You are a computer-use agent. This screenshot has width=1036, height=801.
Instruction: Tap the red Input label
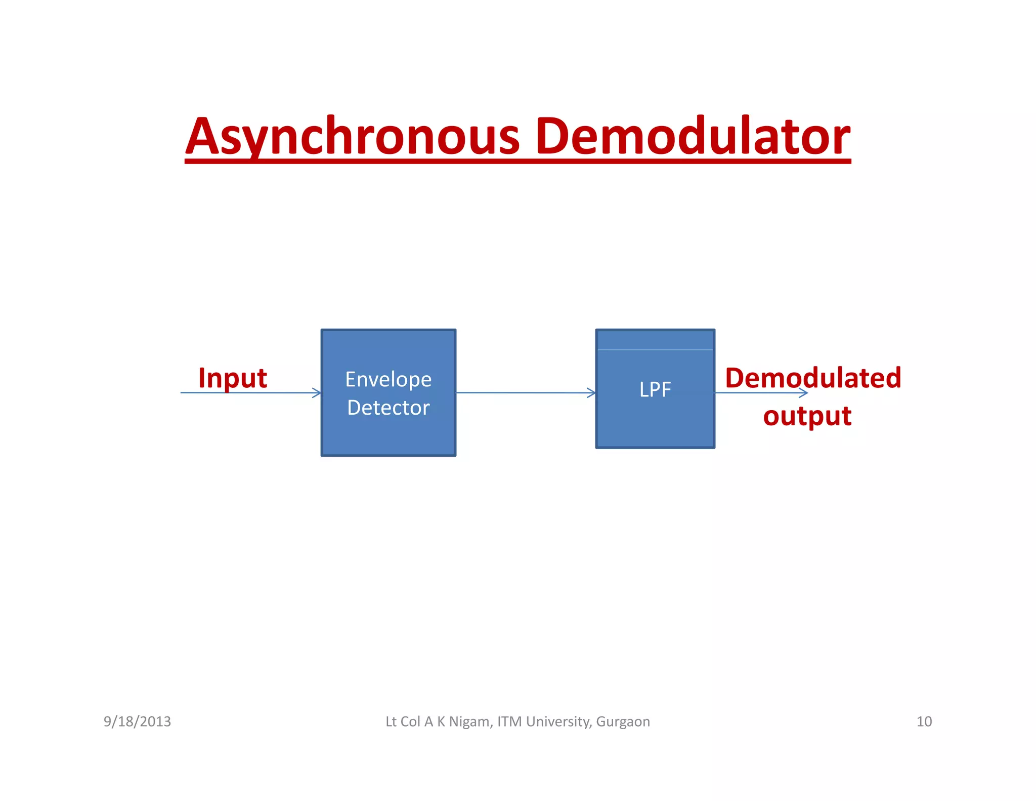click(232, 378)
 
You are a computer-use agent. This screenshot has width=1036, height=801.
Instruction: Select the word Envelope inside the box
click(388, 380)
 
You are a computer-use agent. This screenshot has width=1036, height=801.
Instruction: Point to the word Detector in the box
click(388, 408)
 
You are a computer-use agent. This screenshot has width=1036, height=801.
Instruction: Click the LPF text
click(655, 390)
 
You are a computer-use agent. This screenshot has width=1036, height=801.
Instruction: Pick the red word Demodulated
click(813, 378)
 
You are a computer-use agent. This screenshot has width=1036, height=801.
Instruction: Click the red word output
click(807, 416)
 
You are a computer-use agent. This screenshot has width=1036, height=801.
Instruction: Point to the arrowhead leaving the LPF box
click(804, 393)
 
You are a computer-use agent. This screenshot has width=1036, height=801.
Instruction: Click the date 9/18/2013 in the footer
click(137, 722)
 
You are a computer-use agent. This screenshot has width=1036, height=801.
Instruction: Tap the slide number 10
click(924, 722)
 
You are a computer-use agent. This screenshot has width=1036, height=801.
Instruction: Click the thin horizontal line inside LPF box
click(655, 350)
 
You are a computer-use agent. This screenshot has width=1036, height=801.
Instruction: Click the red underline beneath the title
click(517, 161)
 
